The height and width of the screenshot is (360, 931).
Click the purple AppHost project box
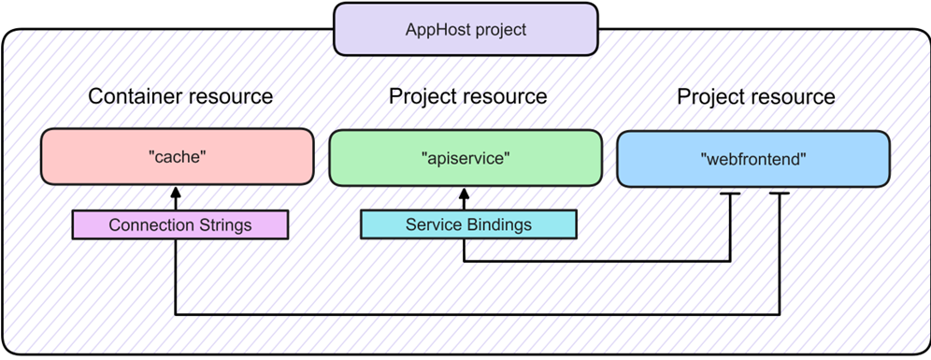(x=465, y=29)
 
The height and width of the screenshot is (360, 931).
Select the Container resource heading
(x=180, y=96)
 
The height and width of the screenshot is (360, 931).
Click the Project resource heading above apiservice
(x=467, y=96)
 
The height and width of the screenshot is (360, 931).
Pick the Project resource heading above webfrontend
(x=755, y=96)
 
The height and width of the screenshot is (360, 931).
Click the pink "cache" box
(x=177, y=157)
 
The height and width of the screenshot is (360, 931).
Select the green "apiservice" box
(x=465, y=157)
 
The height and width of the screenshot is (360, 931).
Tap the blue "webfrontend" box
(x=753, y=159)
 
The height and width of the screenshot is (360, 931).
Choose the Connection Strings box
(x=180, y=225)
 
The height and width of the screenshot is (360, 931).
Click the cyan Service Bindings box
(x=468, y=225)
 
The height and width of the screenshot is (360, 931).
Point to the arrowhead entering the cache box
(x=175, y=192)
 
